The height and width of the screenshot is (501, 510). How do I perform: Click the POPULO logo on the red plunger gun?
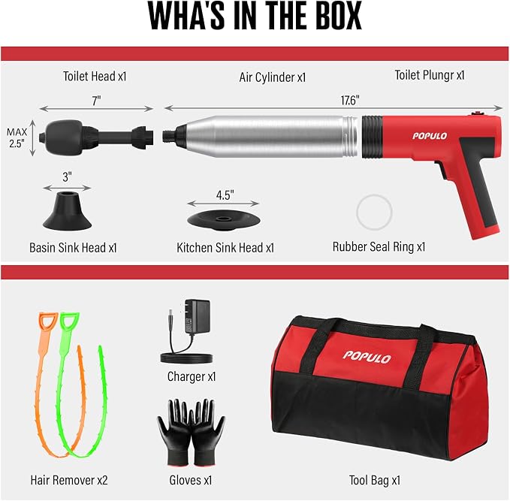pyautogui.click(x=430, y=136)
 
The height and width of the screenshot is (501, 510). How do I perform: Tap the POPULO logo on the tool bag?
pyautogui.click(x=367, y=357)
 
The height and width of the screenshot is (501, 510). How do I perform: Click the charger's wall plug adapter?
pyautogui.click(x=197, y=316)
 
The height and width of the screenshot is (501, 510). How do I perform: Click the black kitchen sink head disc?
pyautogui.click(x=223, y=219)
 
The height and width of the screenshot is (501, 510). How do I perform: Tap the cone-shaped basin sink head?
pyautogui.click(x=67, y=211)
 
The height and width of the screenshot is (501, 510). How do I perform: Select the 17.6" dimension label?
pyautogui.click(x=350, y=101)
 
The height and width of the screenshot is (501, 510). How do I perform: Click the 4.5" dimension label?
pyautogui.click(x=225, y=195)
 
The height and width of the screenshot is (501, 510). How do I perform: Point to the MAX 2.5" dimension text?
pyautogui.click(x=17, y=138)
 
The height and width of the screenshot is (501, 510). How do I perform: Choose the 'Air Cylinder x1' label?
pyautogui.click(x=273, y=77)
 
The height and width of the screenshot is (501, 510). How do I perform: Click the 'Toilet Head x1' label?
pyautogui.click(x=95, y=77)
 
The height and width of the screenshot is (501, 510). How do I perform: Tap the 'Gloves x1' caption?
pyautogui.click(x=191, y=480)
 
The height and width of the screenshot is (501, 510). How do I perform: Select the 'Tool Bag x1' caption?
pyautogui.click(x=375, y=480)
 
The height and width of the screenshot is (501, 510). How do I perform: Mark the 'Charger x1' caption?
pyautogui.click(x=192, y=377)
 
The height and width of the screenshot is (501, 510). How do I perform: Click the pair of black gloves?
pyautogui.click(x=192, y=433)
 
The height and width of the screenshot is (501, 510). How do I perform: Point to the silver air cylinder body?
pyautogui.click(x=264, y=136)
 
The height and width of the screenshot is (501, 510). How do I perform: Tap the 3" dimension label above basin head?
pyautogui.click(x=67, y=177)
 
